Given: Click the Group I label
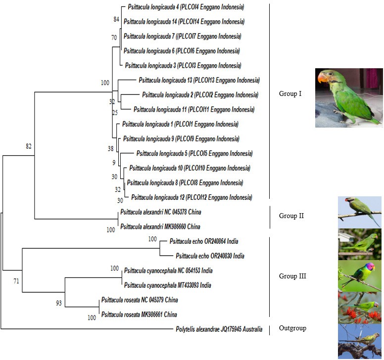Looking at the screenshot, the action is click(x=290, y=94).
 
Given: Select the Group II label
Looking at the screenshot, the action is click(x=291, y=216).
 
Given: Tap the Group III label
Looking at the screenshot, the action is click(x=292, y=276).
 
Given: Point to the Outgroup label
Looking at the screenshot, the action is click(x=292, y=328).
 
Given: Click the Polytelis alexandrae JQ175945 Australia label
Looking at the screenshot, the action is click(x=219, y=329).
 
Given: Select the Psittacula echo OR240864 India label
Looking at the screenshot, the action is click(x=204, y=241).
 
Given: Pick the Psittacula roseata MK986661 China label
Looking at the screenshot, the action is click(x=139, y=315).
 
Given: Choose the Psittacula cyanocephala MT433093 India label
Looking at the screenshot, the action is click(x=168, y=285).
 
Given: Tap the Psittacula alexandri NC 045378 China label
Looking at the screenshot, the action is click(x=161, y=212).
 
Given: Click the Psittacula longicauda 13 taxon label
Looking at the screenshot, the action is click(x=199, y=80).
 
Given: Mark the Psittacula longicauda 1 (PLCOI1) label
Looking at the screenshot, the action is click(x=180, y=124).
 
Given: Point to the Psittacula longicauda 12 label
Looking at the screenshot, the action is click(x=192, y=197).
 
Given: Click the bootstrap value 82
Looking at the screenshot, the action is click(x=29, y=146).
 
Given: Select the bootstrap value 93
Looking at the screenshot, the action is click(x=59, y=303).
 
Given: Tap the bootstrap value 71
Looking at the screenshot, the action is click(x=16, y=281).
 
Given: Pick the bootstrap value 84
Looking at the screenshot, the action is click(x=116, y=19).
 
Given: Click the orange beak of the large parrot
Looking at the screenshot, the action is click(x=323, y=78).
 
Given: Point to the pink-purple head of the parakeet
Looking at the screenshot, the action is click(x=370, y=267).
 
